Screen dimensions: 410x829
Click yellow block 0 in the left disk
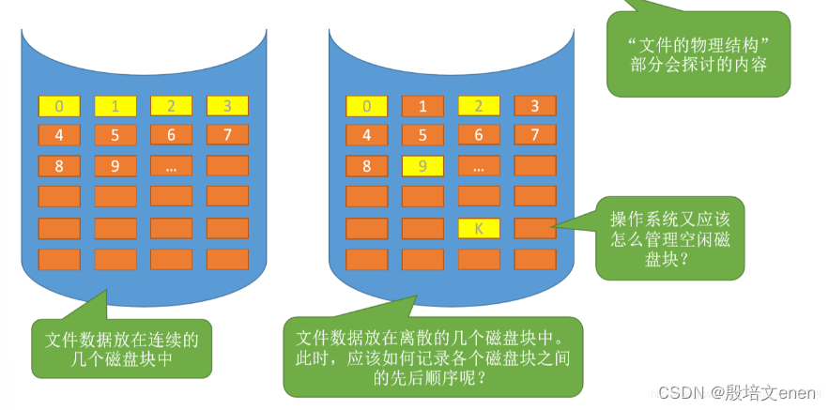pos(59,106)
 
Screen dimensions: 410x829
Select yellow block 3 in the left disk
pos(227,106)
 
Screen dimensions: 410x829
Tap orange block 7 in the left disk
pos(227,135)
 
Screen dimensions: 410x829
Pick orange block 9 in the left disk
pos(115,166)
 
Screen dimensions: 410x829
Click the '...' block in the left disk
pos(171,166)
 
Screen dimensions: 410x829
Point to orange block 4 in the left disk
pos(59,135)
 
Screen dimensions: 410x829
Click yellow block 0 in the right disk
pos(367,106)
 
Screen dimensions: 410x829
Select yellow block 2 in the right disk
pos(479,106)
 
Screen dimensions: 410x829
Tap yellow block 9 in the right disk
pos(422,166)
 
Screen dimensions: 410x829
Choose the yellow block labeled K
pos(479,228)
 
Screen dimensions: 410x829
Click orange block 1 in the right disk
pos(422,106)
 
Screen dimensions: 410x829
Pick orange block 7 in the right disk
pos(535,135)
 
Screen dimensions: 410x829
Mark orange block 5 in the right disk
pos(422,135)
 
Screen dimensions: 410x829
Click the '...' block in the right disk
pos(479,166)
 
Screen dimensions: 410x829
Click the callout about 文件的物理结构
pos(697,53)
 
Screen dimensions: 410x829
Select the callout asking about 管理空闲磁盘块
pos(669,238)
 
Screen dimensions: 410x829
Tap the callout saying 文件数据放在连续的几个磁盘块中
pos(121,348)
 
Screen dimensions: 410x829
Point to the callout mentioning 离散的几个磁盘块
pos(433,357)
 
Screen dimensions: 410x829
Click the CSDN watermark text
pos(731,391)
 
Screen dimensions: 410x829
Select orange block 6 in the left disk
pos(171,135)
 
